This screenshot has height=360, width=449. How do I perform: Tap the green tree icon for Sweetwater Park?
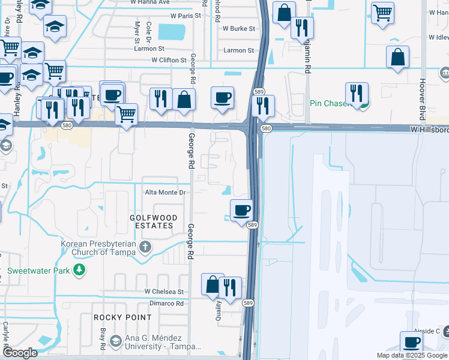[79, 271]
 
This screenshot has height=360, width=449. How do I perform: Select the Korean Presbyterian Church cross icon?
[145, 247]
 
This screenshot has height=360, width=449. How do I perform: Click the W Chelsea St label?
[163, 292]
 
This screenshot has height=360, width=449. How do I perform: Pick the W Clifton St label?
[169, 61]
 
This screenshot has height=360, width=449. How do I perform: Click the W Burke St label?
[239, 28]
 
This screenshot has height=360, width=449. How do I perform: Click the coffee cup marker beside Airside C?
[411, 343]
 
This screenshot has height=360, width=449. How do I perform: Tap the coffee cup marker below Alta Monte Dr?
[241, 211]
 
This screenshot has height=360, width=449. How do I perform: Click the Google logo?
[20, 353]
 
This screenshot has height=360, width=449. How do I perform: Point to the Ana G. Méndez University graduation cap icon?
[115, 342]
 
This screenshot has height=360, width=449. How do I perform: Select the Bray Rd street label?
[103, 340]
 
